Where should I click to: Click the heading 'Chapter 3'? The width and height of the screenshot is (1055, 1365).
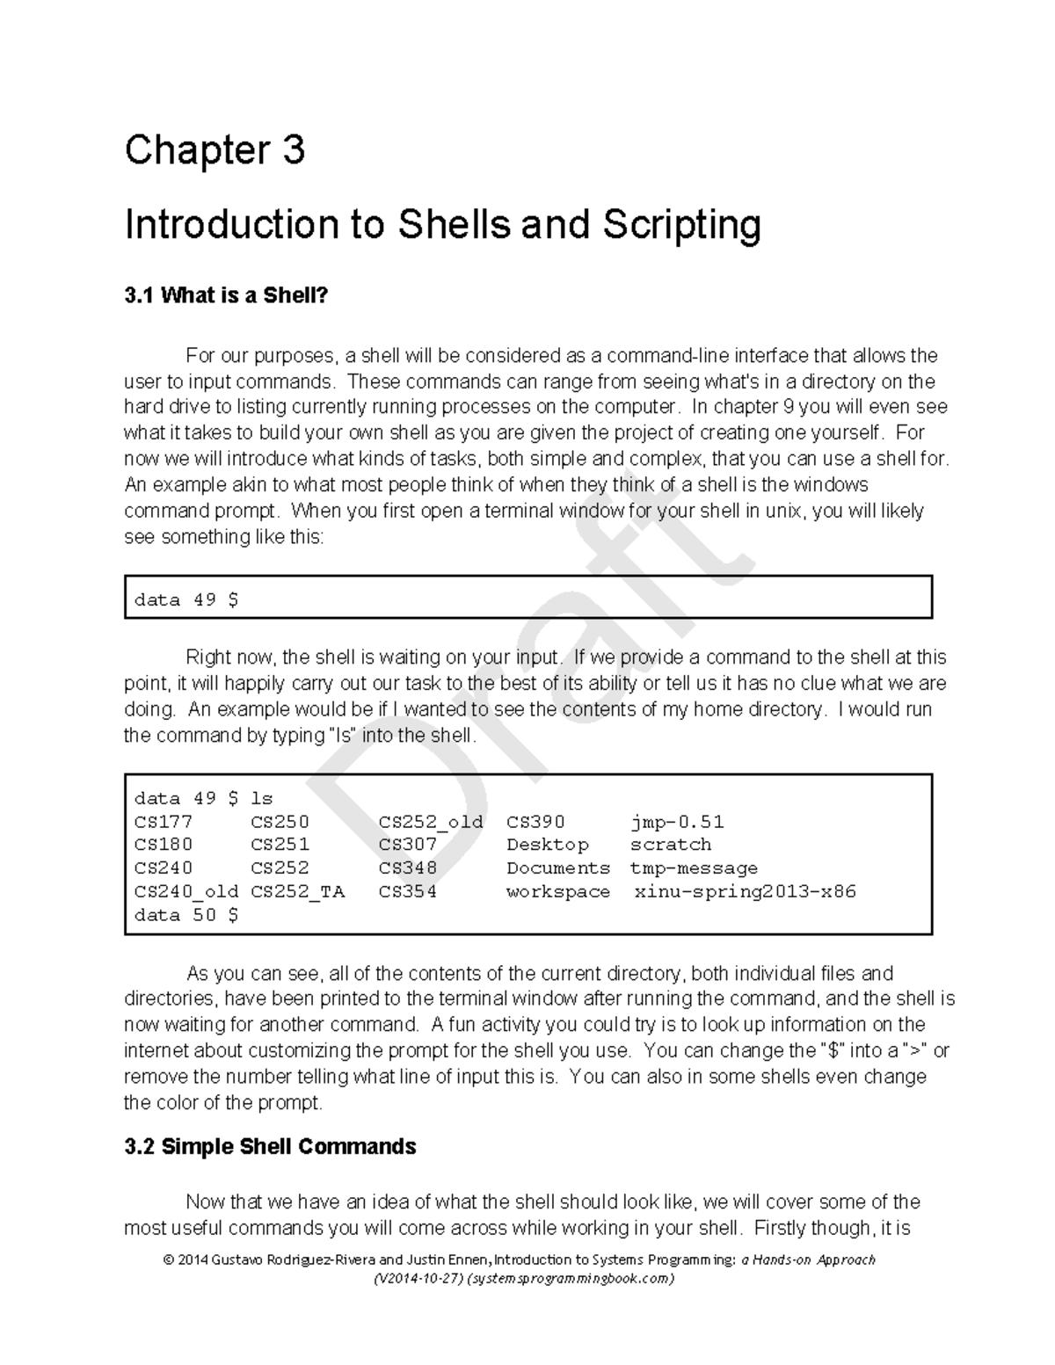click(x=215, y=150)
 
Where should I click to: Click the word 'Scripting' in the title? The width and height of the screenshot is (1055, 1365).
click(x=681, y=225)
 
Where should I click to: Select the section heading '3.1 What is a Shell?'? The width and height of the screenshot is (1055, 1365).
click(x=225, y=296)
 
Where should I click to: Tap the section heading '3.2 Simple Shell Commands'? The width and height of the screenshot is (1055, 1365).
click(x=270, y=1147)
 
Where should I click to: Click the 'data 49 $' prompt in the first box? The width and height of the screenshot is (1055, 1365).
click(x=186, y=600)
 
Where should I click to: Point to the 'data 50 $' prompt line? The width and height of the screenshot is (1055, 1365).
click(x=186, y=915)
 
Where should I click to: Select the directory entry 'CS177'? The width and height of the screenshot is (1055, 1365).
click(x=163, y=822)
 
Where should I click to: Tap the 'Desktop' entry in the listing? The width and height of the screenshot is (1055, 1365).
click(x=548, y=845)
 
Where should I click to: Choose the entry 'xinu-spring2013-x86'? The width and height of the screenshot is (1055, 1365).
click(x=745, y=892)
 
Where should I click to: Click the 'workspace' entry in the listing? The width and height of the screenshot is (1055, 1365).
click(x=558, y=892)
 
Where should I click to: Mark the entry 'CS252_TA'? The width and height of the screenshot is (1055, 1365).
click(x=298, y=892)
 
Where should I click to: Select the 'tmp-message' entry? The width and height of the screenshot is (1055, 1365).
click(x=694, y=868)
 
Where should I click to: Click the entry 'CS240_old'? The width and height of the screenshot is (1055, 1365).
click(x=186, y=892)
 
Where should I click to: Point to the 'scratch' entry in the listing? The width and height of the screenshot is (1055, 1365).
click(x=671, y=845)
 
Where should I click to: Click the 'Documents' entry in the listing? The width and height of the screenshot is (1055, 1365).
click(x=558, y=868)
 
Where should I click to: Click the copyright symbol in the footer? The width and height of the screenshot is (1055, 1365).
click(x=167, y=1260)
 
